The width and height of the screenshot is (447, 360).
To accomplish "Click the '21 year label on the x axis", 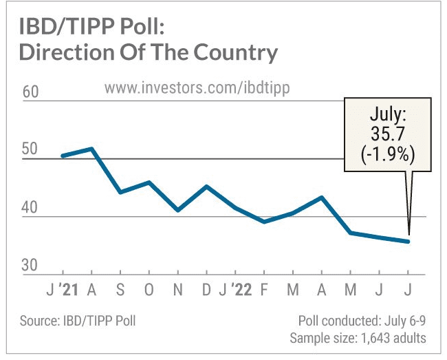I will click(x=69, y=288).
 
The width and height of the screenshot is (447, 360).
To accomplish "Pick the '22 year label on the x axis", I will click(x=241, y=288).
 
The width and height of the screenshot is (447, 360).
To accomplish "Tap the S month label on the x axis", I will click(x=120, y=288).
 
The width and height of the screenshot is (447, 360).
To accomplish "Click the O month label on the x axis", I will click(x=149, y=288).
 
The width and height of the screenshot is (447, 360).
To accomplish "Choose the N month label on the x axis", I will click(x=178, y=288).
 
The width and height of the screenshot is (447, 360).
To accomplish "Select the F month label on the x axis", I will click(x=265, y=288).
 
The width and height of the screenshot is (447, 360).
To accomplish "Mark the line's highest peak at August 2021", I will click(x=91, y=149).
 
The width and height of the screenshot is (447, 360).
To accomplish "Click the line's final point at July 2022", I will click(x=409, y=242).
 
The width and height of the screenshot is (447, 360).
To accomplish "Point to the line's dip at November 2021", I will click(x=178, y=210).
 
